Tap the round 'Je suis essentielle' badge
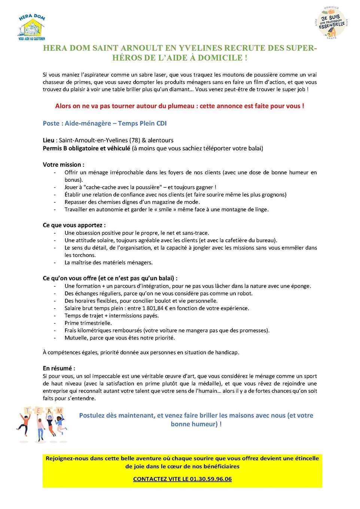[x=331, y=23]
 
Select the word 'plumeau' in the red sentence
[x=178, y=106]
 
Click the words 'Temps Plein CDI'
[x=142, y=123]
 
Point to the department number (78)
[x=135, y=140]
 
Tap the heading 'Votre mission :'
[x=64, y=165]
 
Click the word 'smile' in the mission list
[x=165, y=209]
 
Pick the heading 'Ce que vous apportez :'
[x=74, y=225]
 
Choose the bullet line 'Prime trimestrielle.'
[x=88, y=323]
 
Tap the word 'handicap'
[x=227, y=352]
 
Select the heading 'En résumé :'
[x=59, y=368]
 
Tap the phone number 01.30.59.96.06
[x=211, y=479]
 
